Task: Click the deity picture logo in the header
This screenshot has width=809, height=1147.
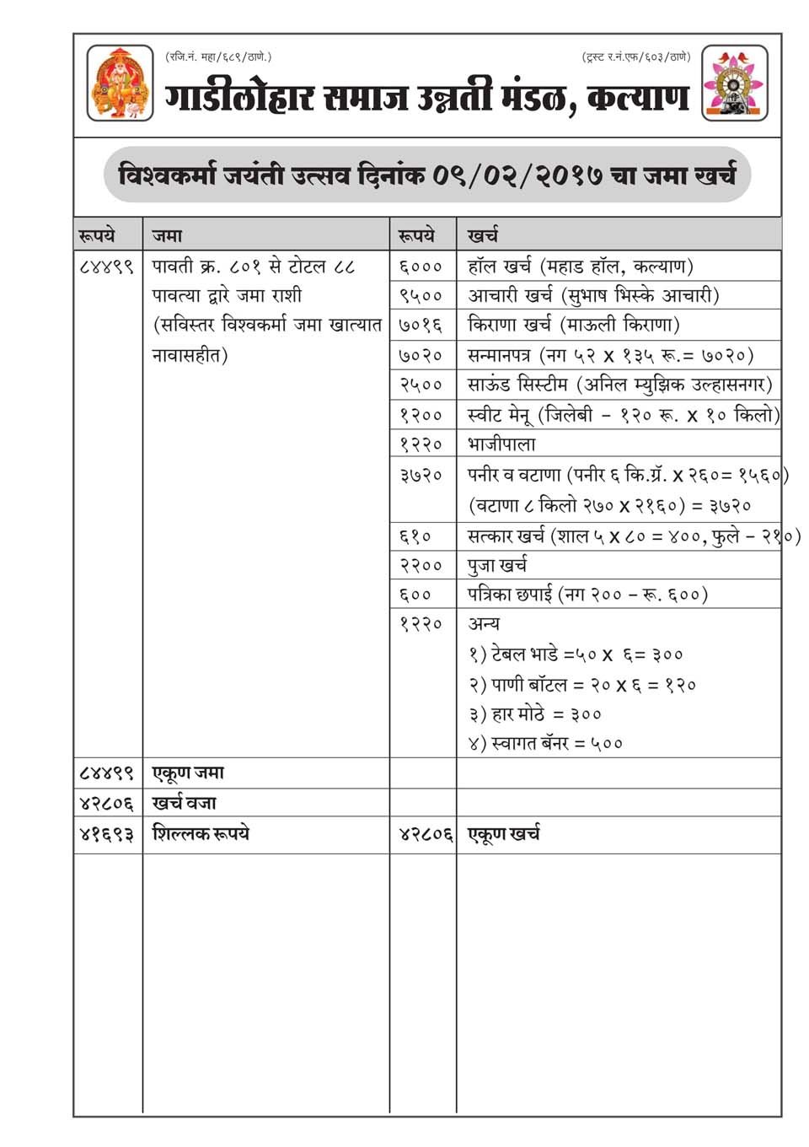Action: (121, 83)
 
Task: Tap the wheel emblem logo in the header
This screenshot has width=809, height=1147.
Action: (735, 83)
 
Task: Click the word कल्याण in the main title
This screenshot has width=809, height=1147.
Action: (638, 98)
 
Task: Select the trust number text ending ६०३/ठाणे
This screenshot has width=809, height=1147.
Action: (635, 57)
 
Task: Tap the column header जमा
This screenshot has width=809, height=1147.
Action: (167, 235)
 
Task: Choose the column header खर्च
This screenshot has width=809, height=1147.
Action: (483, 235)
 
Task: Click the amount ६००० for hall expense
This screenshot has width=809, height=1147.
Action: (421, 267)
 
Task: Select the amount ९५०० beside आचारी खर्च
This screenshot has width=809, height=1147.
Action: (421, 296)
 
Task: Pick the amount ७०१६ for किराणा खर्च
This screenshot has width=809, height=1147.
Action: (421, 326)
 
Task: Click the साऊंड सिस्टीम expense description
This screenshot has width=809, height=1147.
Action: (619, 385)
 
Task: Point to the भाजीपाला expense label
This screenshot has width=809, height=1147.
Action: (501, 444)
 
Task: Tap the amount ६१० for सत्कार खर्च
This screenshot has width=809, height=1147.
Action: (415, 536)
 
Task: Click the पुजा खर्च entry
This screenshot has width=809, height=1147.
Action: (497, 565)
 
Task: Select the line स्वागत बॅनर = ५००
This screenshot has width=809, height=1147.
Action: (546, 744)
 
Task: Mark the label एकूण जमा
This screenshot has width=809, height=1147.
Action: (188, 773)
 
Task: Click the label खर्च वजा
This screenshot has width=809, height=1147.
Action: (185, 803)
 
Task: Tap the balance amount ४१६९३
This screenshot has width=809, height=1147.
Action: (106, 834)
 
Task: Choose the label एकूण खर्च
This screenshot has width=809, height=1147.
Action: (504, 834)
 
